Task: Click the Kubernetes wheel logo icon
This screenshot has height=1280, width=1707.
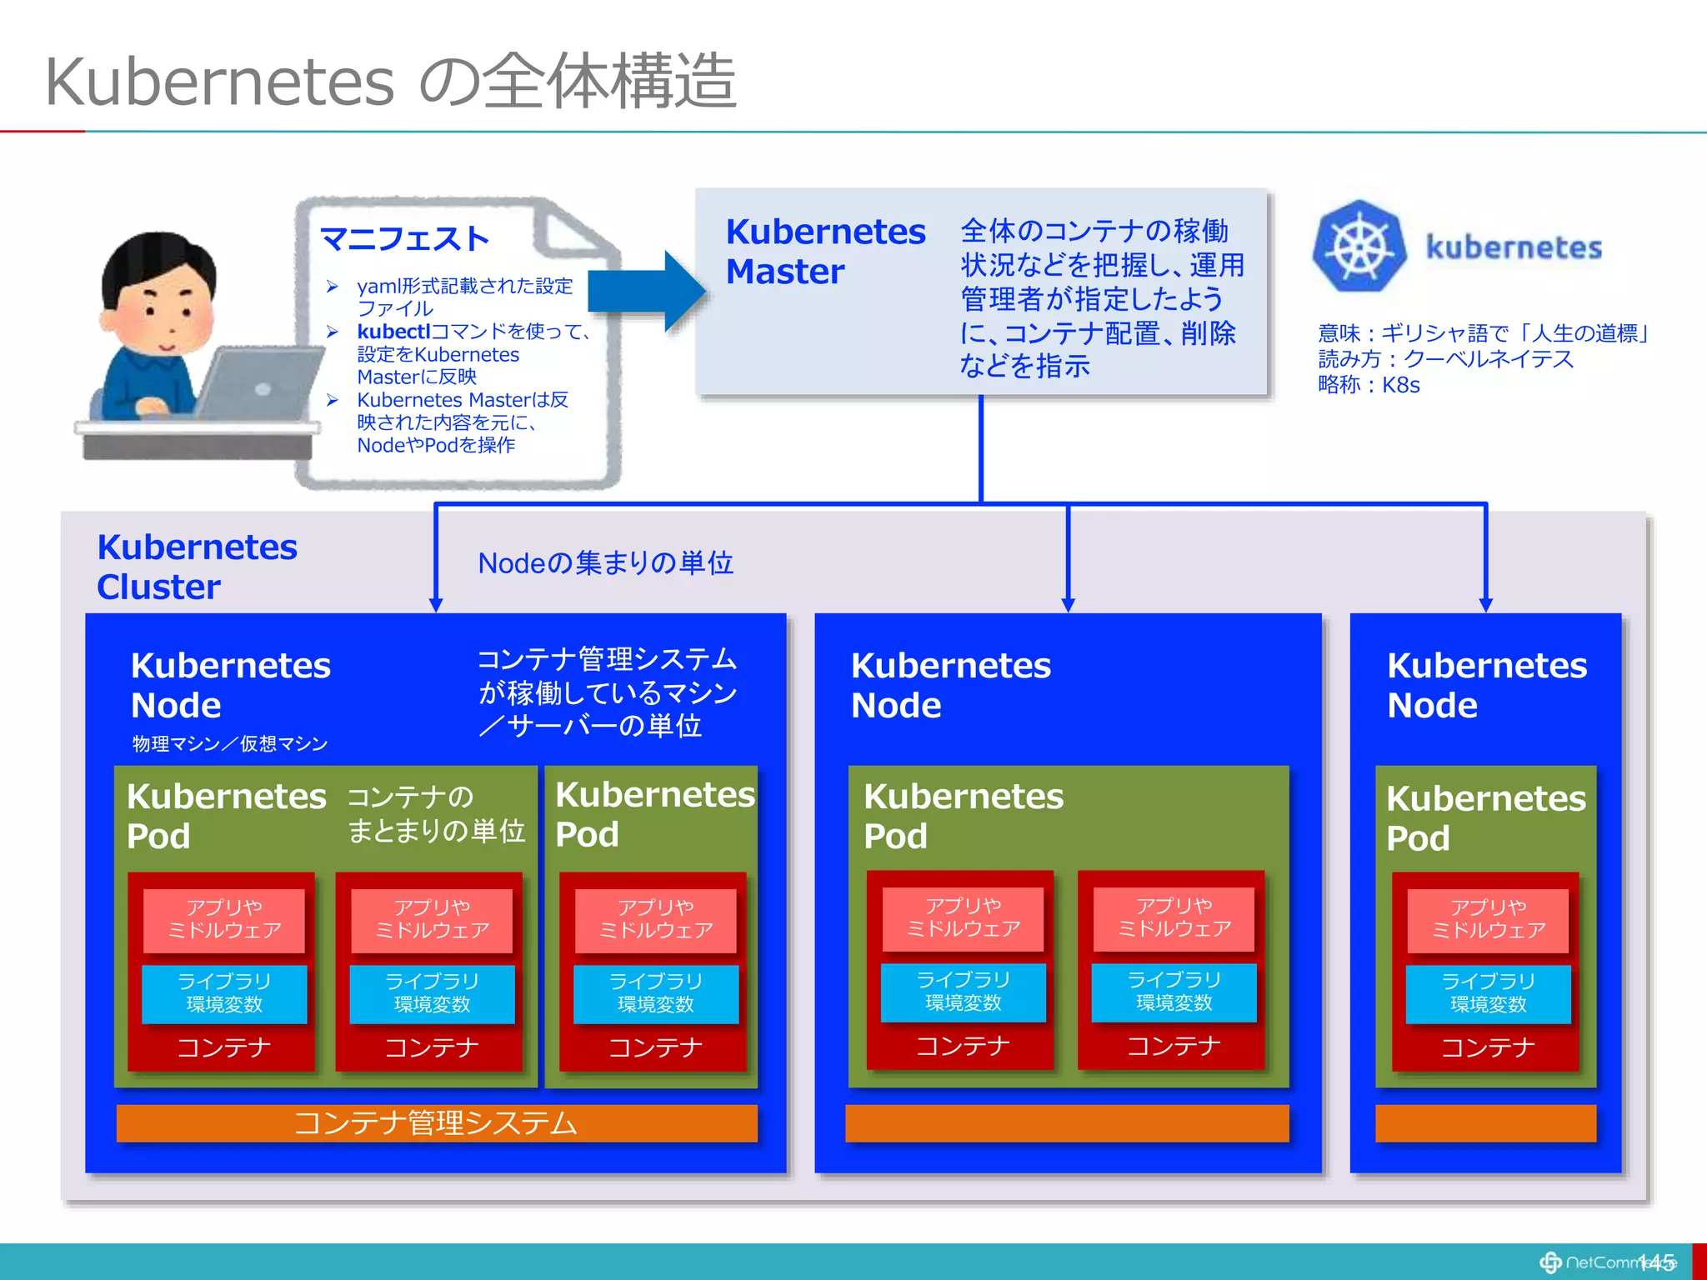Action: pyautogui.click(x=1359, y=247)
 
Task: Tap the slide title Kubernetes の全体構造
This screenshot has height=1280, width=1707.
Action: pyautogui.click(x=390, y=82)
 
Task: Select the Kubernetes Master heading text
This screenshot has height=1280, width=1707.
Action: pyautogui.click(x=824, y=251)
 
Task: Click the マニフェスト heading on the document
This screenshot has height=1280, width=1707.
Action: pyautogui.click(x=404, y=239)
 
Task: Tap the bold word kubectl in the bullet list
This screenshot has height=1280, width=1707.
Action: pyautogui.click(x=393, y=332)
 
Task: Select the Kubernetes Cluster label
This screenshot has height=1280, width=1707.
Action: pyautogui.click(x=197, y=567)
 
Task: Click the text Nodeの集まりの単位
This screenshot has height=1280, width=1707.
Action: pyautogui.click(x=605, y=563)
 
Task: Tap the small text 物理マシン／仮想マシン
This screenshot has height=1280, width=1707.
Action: pyautogui.click(x=230, y=743)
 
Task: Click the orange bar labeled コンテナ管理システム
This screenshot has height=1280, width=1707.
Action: pyautogui.click(x=436, y=1122)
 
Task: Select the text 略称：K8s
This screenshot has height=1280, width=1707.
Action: pyautogui.click(x=1369, y=385)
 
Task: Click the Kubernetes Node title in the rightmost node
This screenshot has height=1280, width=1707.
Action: pyautogui.click(x=1486, y=685)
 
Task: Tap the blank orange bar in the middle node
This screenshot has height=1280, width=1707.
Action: pyautogui.click(x=1066, y=1122)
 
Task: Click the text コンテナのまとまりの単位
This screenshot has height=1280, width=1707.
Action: pyautogui.click(x=435, y=814)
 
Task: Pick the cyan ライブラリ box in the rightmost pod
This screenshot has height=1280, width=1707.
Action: pyautogui.click(x=1488, y=993)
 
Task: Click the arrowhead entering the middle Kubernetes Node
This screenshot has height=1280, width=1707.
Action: pyautogui.click(x=1068, y=604)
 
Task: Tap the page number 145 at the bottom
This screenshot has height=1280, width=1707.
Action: pyautogui.click(x=1656, y=1262)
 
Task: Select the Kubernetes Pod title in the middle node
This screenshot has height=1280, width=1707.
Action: pyautogui.click(x=963, y=816)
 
